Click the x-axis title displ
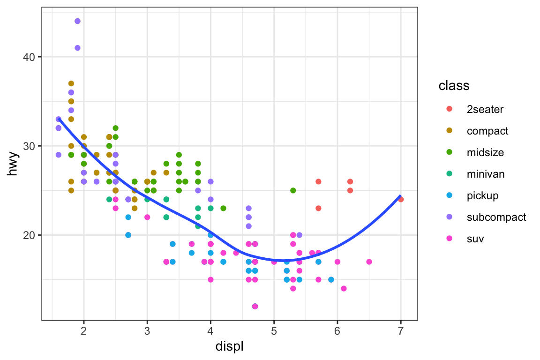tap(229, 347)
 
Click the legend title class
tap(454, 86)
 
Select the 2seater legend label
tap(485, 109)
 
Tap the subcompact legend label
tap(496, 217)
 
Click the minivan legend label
tap(486, 174)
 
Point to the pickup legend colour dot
tap(449, 195)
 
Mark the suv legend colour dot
tap(449, 239)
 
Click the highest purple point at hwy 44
tap(77, 21)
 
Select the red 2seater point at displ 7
tap(401, 199)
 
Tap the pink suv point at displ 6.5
tap(369, 262)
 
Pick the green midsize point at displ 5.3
tap(293, 190)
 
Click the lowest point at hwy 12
tap(255, 306)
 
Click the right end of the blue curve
tap(400, 195)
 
